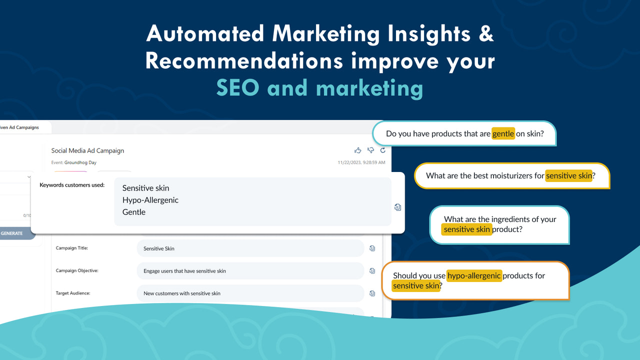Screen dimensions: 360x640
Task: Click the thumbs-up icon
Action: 357,150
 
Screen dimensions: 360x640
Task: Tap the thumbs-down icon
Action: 370,150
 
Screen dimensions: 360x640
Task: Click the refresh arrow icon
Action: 383,150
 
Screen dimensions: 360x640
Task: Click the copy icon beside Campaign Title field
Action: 372,248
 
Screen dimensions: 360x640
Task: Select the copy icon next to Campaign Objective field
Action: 372,270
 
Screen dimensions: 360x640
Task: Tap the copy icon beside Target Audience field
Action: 372,293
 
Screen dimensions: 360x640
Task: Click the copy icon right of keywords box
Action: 397,207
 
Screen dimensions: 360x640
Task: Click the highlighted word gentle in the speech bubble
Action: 503,134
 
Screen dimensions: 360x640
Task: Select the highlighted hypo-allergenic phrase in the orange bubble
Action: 474,275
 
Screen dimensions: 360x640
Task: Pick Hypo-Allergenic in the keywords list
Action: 150,200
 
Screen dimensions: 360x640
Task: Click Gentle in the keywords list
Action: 134,212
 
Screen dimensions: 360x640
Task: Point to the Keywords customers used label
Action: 72,185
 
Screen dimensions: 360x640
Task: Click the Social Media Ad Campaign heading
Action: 87,150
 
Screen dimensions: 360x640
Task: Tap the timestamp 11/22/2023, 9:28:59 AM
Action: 361,162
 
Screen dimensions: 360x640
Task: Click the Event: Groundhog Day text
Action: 73,162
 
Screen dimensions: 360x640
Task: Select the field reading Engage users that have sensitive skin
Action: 250,270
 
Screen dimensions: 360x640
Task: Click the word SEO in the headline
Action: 237,88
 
